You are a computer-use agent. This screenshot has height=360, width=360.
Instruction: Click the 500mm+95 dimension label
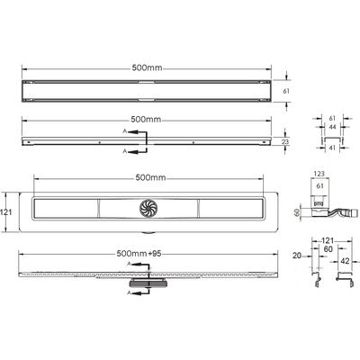[x=139, y=254]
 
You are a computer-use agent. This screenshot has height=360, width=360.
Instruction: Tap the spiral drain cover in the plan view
[x=148, y=208]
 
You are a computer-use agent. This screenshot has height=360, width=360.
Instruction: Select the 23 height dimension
[x=285, y=141]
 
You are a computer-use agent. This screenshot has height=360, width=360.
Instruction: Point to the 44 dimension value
[x=332, y=127]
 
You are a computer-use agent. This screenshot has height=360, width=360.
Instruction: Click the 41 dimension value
[x=332, y=148]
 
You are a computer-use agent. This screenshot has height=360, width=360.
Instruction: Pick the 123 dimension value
[x=319, y=174]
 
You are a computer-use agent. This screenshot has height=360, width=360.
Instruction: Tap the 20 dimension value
[x=297, y=256]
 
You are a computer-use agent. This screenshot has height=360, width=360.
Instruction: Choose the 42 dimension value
[x=345, y=261]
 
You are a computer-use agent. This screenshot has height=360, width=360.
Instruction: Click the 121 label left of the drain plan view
[x=5, y=212]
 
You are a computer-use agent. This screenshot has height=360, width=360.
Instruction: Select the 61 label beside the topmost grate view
[x=286, y=91]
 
